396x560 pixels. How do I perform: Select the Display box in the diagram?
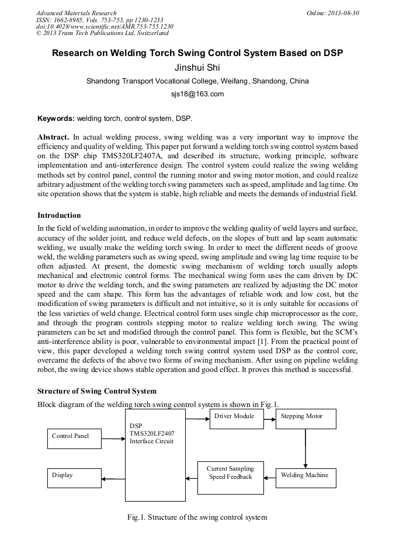[74, 478]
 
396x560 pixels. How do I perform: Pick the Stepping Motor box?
[307, 419]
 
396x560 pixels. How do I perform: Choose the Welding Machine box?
[307, 478]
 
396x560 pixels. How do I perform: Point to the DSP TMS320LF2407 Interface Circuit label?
[151, 433]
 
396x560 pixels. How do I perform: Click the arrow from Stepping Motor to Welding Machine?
[305, 448]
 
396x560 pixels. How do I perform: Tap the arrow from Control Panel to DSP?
[114, 439]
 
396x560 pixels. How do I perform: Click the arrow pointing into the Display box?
[113, 479]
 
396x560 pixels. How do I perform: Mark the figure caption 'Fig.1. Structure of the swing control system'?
[197, 517]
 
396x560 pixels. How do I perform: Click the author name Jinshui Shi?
[197, 67]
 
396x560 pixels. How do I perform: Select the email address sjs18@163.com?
[197, 94]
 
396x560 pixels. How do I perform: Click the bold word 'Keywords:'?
[56, 118]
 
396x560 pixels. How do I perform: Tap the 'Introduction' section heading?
[59, 215]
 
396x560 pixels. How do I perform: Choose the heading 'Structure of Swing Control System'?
[97, 391]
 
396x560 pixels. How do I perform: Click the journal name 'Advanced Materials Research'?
[77, 12]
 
